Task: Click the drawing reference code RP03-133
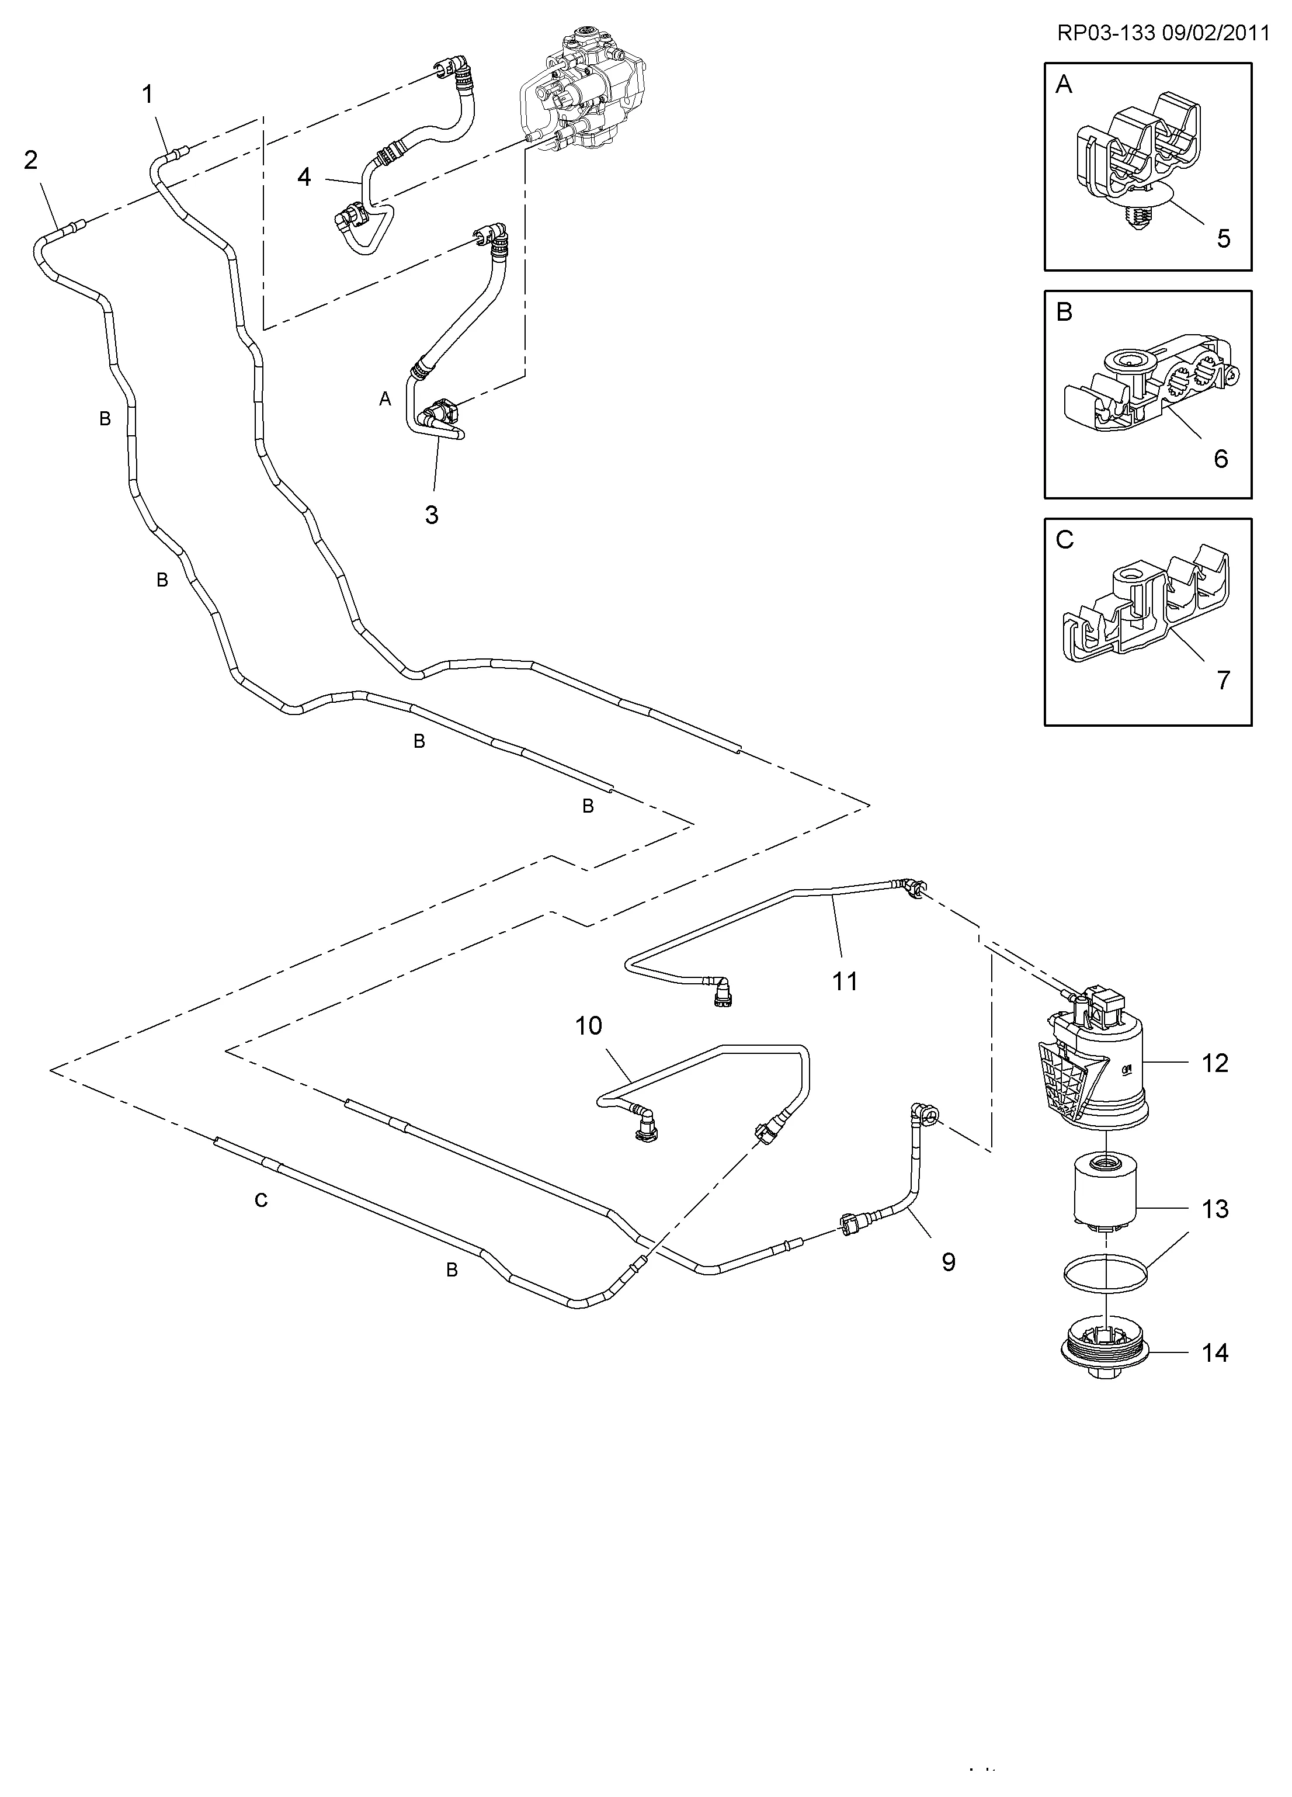(x=1106, y=33)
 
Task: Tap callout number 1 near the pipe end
(x=147, y=95)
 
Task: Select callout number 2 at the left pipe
(x=30, y=161)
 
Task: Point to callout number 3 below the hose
(x=432, y=515)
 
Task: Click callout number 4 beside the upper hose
(x=304, y=178)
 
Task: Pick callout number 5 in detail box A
(x=1223, y=238)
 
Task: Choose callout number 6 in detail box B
(x=1221, y=459)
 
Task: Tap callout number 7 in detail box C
(x=1223, y=680)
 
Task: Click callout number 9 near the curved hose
(x=948, y=1261)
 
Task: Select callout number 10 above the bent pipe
(x=589, y=1026)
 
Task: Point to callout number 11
(x=845, y=981)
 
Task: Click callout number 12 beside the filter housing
(x=1214, y=1063)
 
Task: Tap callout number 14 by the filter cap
(x=1214, y=1352)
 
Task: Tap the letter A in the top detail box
(x=1064, y=85)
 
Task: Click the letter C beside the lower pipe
(x=261, y=1201)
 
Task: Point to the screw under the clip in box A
(x=1134, y=217)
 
